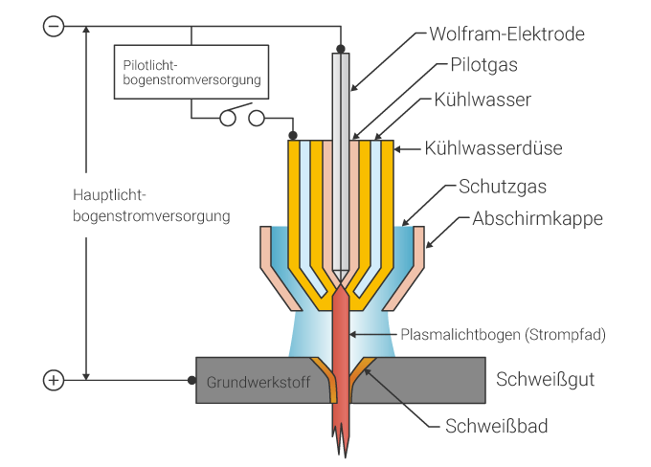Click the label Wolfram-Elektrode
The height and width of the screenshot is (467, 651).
pos(506,34)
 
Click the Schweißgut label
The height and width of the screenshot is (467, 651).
pos(546,379)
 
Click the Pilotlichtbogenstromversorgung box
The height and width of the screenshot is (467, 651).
pos(191,72)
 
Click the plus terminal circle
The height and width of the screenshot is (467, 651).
pos(55,381)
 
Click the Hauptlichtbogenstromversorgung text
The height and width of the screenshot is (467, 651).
pos(151,206)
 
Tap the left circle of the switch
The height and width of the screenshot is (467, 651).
pos(228,119)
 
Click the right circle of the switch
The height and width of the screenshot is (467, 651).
pos(256,119)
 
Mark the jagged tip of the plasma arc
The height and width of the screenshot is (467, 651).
pos(341,442)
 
